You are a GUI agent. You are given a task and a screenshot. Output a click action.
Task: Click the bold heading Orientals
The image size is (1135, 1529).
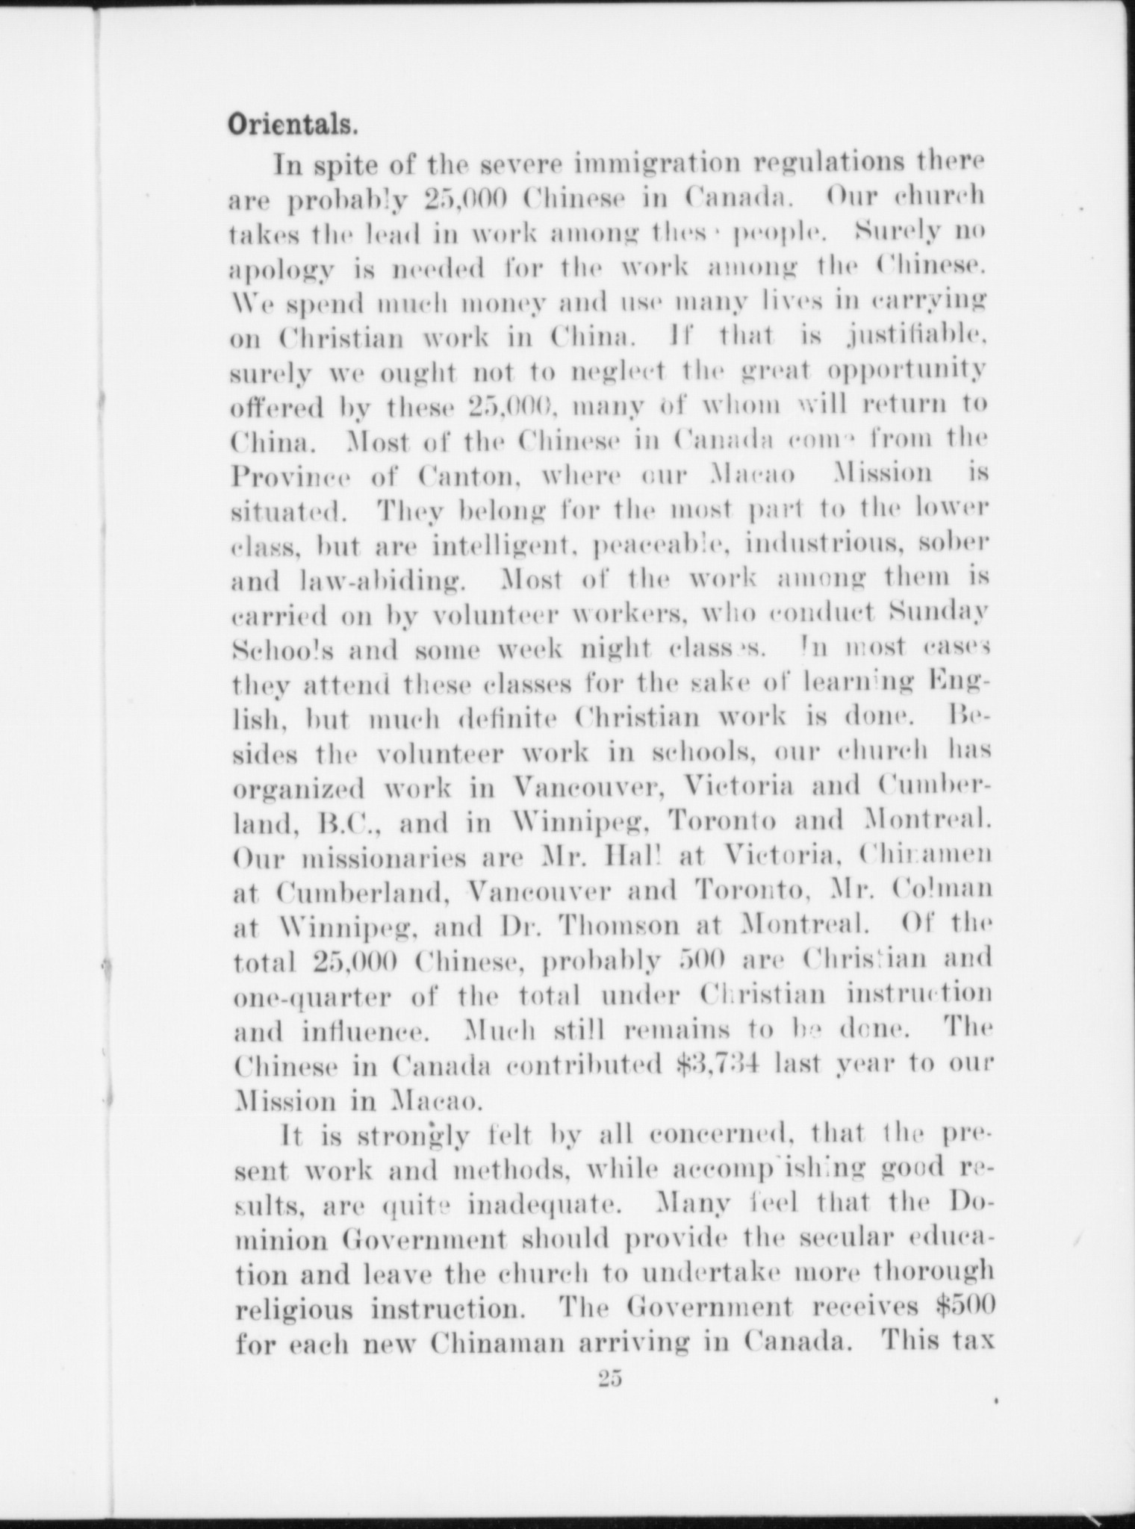pyautogui.click(x=292, y=124)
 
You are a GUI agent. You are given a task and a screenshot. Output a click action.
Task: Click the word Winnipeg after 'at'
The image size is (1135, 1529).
pyautogui.click(x=339, y=926)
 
